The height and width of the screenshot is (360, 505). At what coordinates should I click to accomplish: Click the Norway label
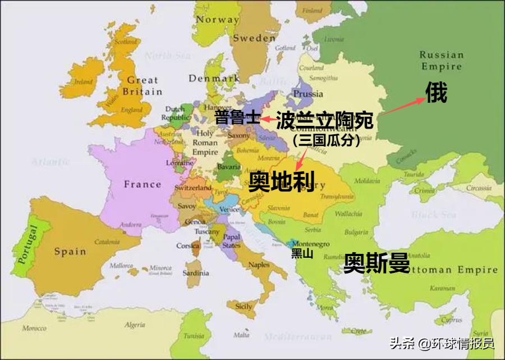click(x=217, y=20)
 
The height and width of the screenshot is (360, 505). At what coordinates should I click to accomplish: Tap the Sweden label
click(x=254, y=38)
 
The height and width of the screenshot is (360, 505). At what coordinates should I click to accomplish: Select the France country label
click(x=143, y=184)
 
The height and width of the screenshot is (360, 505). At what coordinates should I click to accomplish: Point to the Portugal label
click(x=26, y=245)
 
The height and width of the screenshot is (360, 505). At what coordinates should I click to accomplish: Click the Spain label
click(x=70, y=252)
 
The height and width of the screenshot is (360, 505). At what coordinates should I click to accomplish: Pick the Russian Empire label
click(x=441, y=61)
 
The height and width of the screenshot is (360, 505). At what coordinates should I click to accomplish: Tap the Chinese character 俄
click(x=436, y=93)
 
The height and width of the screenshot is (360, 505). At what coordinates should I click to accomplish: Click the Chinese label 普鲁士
click(x=237, y=118)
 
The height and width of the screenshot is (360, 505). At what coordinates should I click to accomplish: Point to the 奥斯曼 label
click(x=377, y=263)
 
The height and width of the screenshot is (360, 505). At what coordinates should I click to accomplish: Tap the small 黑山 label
click(x=301, y=254)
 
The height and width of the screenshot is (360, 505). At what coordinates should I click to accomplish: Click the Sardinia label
click(x=196, y=274)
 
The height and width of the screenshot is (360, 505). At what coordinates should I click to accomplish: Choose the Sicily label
click(x=244, y=307)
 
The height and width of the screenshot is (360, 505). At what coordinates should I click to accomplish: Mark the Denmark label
click(x=214, y=79)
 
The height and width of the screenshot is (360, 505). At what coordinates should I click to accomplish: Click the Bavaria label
click(x=229, y=167)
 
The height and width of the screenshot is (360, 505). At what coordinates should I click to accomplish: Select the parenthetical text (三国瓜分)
click(x=326, y=142)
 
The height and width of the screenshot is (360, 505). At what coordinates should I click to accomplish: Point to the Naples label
click(x=259, y=265)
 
